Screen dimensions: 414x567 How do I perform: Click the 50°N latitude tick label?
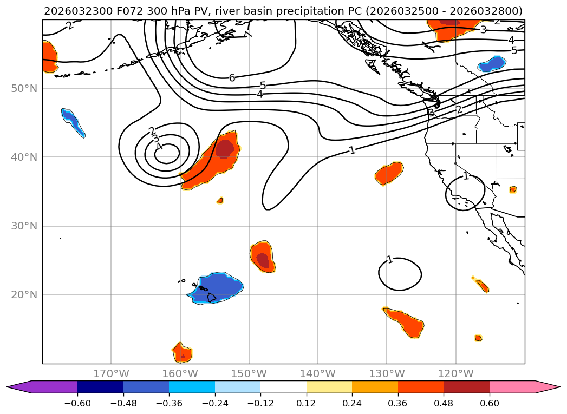[24, 88]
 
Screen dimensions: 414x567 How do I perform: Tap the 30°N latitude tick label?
[24, 226]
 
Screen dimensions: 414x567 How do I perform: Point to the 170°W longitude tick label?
[111, 373]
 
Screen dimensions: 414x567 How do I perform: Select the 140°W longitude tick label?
[318, 373]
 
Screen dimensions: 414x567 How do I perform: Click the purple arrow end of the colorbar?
[16, 387]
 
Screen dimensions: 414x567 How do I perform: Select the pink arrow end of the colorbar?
[550, 387]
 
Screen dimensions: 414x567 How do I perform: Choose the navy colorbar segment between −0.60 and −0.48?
[100, 387]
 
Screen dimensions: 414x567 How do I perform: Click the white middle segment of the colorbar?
[283, 387]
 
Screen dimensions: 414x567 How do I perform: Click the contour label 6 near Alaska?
[232, 78]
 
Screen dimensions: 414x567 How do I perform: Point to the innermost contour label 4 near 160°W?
[159, 146]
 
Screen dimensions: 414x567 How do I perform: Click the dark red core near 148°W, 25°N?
[263, 260]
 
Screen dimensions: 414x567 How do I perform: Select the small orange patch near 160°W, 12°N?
[181, 352]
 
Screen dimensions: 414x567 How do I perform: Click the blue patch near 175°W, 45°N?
[73, 121]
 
